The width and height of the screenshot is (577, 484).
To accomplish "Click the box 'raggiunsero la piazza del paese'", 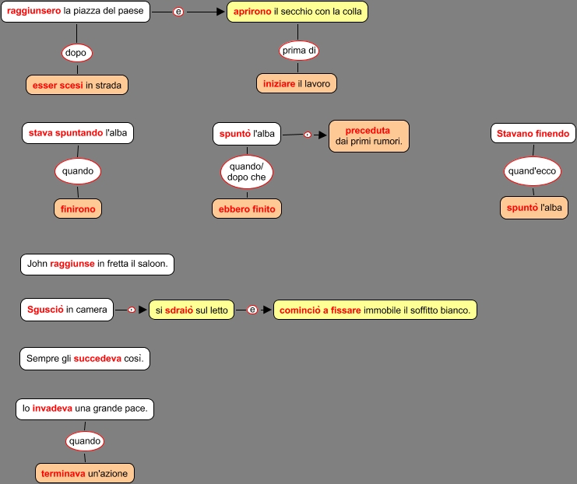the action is [76, 12].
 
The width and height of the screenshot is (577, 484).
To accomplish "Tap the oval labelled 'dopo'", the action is [76, 53].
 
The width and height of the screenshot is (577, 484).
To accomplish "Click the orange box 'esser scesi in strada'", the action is [76, 85].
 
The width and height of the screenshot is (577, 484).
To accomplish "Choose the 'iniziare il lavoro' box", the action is [297, 83].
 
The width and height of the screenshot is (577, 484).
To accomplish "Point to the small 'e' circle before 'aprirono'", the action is [178, 12].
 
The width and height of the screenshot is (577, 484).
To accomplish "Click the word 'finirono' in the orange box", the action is [78, 209].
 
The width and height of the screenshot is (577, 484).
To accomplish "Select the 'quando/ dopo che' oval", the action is [247, 171].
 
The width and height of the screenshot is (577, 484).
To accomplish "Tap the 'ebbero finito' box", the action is [247, 209].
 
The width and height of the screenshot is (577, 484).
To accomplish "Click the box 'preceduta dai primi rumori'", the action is [368, 135].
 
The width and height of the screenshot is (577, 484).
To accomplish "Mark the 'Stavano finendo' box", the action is [533, 134].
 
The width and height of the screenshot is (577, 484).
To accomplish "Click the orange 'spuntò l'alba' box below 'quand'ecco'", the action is [533, 208].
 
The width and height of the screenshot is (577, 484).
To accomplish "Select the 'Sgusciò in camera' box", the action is [67, 310].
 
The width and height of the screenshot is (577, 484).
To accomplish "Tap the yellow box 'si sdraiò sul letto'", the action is [192, 310].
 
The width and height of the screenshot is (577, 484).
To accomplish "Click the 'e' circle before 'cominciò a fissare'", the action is [252, 310].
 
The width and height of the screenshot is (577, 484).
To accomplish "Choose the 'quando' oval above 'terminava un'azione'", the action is [85, 441].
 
